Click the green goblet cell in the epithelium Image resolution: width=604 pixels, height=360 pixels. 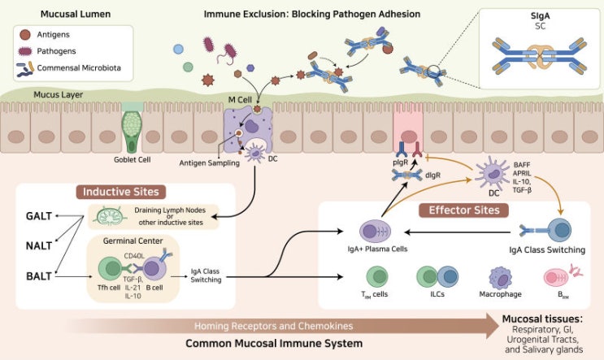[x=132, y=130]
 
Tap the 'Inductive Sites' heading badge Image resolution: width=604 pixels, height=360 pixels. [x=120, y=192]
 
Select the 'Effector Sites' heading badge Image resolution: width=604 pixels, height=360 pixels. [x=464, y=210]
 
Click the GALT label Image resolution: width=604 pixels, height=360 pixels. [x=39, y=216]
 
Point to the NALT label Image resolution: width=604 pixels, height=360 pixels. [x=39, y=245]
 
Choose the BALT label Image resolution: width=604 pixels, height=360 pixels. [x=39, y=276]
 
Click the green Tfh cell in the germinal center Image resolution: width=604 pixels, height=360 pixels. [x=110, y=269]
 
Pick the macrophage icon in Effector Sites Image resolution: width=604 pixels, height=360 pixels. [x=501, y=278]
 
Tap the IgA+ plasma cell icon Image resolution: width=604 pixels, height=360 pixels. [x=375, y=232]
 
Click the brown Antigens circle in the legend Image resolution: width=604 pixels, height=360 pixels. [x=25, y=35]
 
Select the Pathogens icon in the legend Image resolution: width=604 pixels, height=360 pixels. [x=25, y=51]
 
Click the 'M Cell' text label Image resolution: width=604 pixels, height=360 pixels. [x=240, y=100]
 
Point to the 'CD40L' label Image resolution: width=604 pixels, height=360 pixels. [x=134, y=256]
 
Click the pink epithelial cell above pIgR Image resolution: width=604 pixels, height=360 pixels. [x=408, y=128]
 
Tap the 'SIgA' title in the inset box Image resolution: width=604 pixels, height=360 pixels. [x=540, y=16]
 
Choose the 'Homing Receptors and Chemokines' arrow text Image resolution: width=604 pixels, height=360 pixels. [x=273, y=326]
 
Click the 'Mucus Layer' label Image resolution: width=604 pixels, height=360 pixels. [x=59, y=95]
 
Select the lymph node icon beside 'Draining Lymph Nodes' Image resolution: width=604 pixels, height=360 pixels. [x=111, y=216]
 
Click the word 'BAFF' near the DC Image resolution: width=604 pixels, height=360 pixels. [x=522, y=165]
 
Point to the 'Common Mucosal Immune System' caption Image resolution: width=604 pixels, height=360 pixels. [x=274, y=343]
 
